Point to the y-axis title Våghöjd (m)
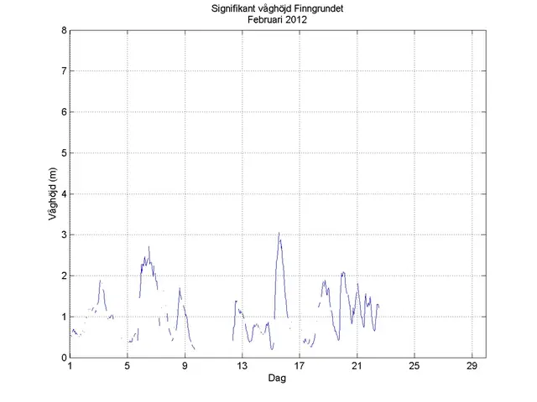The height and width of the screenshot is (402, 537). [53, 194]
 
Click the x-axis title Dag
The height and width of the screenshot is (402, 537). [277, 379]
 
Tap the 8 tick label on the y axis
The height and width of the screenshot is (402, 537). [64, 30]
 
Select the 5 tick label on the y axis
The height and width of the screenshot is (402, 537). [64, 153]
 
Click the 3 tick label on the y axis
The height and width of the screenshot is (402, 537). [64, 235]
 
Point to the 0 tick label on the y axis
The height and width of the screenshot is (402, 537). [64, 358]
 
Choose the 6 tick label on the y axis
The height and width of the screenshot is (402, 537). [64, 112]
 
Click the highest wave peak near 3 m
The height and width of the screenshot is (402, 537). [279, 234]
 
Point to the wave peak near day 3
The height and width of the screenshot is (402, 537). [100, 281]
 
